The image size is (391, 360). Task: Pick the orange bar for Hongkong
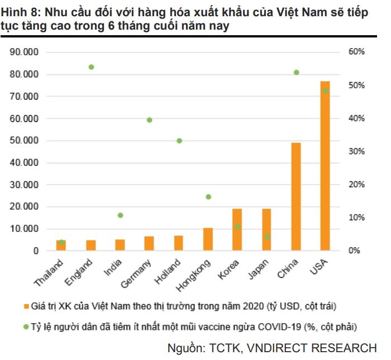pyautogui.click(x=208, y=239)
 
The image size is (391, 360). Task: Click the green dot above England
pyautogui.click(x=91, y=67)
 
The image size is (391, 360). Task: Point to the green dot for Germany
pyautogui.click(x=149, y=120)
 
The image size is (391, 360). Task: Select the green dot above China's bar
pyautogui.click(x=296, y=73)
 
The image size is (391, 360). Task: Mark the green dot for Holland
pyautogui.click(x=179, y=141)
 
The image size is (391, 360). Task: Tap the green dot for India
pyautogui.click(x=120, y=215)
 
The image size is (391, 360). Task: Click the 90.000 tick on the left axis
pyautogui.click(x=24, y=52)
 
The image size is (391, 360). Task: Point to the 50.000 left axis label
pyautogui.click(x=24, y=140)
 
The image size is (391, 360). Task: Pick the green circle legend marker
pyautogui.click(x=26, y=326)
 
